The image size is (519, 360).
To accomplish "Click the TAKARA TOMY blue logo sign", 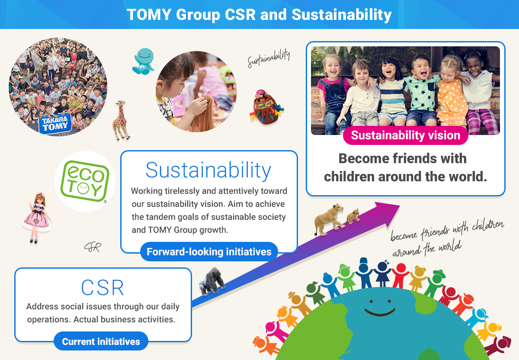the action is point(55,124).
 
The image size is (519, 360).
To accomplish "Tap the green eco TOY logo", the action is point(85,181).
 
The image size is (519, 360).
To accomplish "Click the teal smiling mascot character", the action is point(143,61).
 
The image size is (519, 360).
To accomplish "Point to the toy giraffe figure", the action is point(121,120).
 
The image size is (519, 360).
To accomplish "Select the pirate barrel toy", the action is point(266,107).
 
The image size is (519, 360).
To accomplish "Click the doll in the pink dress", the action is point(37,218).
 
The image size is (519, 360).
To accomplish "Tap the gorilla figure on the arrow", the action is point(211,281).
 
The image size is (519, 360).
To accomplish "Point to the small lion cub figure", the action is point(353,216).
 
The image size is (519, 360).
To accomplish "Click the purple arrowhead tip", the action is point(400,206).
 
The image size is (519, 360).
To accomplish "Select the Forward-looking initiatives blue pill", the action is point(209,252).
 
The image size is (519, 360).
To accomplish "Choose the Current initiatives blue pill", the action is point(101,341).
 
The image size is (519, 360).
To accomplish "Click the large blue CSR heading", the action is point(103,287).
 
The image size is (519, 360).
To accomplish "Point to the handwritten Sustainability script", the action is point(269,58).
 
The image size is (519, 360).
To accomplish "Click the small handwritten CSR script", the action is point(93,247).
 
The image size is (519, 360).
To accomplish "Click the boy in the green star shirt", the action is point(421,90).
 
